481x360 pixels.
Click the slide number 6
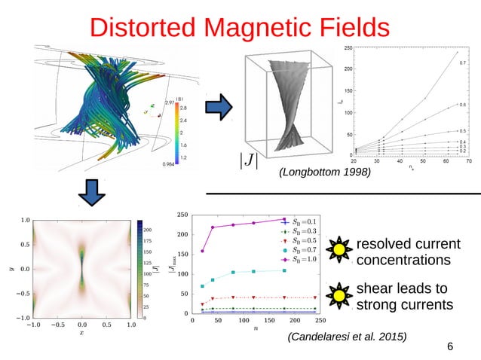tap(450, 346)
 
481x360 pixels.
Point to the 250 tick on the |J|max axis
tap(182, 215)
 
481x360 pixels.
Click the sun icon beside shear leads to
tap(339, 296)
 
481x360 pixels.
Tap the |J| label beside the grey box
tap(246, 159)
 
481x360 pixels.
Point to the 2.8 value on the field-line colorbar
tap(183, 108)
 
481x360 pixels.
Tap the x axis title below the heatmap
tap(81, 332)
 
